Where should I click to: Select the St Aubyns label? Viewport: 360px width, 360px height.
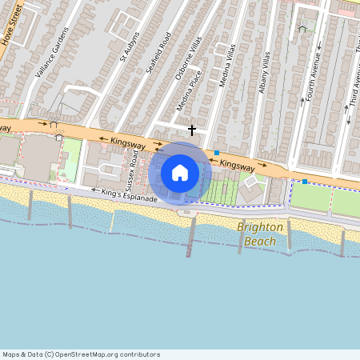tap(130, 47)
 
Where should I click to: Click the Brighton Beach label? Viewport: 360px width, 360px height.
tap(260, 234)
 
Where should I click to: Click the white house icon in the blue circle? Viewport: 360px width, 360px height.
tap(180, 173)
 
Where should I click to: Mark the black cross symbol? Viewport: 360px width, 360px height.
tap(191, 129)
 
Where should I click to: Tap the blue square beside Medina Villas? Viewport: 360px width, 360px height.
tap(216, 153)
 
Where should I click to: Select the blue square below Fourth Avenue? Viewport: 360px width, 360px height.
tap(304, 182)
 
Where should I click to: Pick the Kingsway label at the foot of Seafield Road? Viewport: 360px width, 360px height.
tap(128, 142)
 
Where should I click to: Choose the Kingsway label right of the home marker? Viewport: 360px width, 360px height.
tap(236, 165)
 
